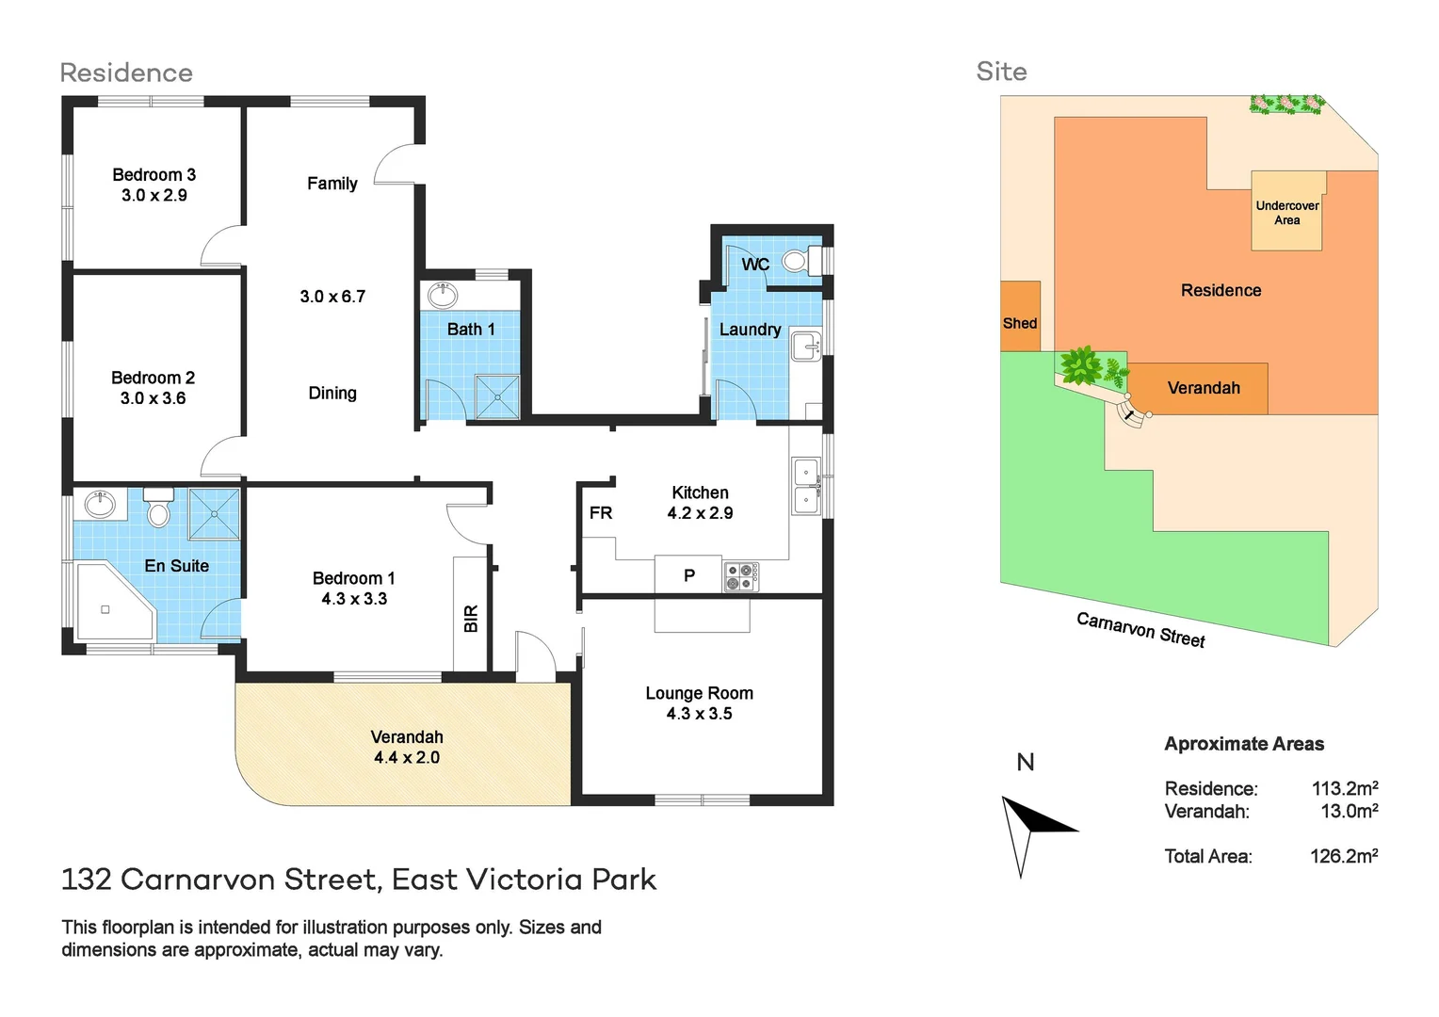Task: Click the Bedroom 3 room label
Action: tap(154, 175)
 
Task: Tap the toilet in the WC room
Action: tap(797, 260)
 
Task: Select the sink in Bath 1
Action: tap(442, 296)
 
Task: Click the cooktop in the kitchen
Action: tap(741, 576)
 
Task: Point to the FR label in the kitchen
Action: tap(601, 513)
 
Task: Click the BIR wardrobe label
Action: tap(471, 619)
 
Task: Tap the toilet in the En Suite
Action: tap(158, 508)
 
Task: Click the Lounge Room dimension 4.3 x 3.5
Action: tap(699, 714)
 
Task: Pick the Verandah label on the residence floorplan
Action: tap(407, 737)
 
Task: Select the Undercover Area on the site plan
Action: tap(1286, 213)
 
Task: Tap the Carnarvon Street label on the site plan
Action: tap(1140, 630)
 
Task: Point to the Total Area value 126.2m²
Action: tap(1344, 857)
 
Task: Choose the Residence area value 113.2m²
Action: tap(1344, 789)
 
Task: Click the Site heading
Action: tap(1001, 72)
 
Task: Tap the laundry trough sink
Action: tap(805, 347)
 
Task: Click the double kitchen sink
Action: tap(805, 486)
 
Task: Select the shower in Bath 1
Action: tap(496, 396)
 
